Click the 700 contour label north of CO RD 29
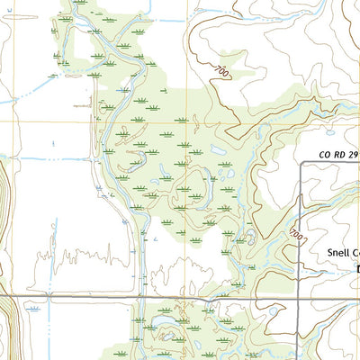pyautogui.click(x=221, y=68)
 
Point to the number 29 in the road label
pyautogui.click(x=353, y=154)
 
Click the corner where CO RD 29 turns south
pyautogui.click(x=300, y=162)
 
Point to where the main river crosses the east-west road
pyautogui.click(x=139, y=296)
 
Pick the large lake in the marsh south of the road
pyautogui.click(x=165, y=319)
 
